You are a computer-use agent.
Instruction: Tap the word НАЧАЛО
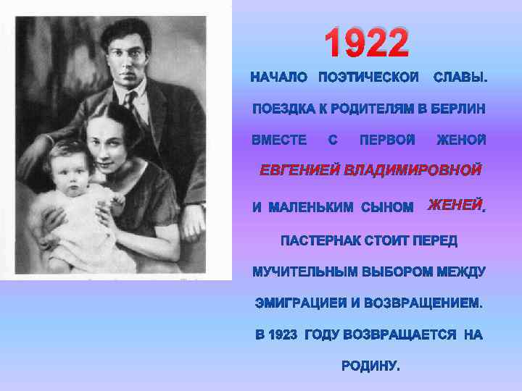pyautogui.click(x=279, y=77)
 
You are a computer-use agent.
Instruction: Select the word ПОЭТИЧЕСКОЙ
pyautogui.click(x=368, y=77)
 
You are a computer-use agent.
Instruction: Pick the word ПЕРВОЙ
pyautogui.click(x=388, y=139)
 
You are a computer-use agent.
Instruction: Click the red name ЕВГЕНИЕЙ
pyautogui.click(x=300, y=171)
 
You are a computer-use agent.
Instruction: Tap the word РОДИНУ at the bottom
pyautogui.click(x=370, y=366)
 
